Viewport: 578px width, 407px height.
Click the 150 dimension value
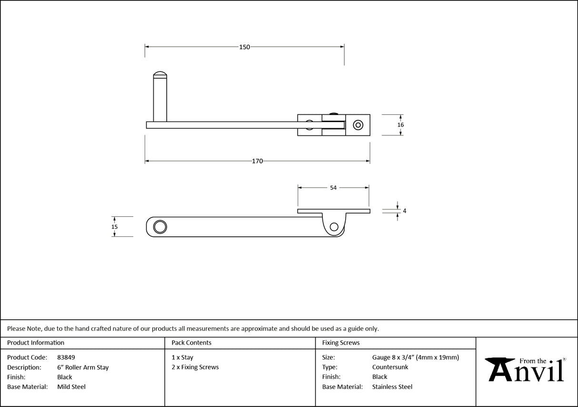coord(244,47)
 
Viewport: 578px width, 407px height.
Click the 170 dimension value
coord(257,161)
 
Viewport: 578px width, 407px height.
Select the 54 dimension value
coord(333,188)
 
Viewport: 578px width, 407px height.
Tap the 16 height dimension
coord(400,125)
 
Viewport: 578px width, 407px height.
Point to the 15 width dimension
coord(114,227)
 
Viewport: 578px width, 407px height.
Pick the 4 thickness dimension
coord(404,211)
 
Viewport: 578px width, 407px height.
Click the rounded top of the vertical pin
coord(160,74)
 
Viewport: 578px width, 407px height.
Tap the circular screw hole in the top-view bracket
coord(357,125)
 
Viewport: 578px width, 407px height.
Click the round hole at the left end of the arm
coord(159,227)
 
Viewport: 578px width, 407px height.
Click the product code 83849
coord(66,357)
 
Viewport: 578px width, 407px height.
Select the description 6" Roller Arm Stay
coord(83,367)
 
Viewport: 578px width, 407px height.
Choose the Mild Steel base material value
coord(71,387)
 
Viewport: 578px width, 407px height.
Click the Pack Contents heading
coord(191,342)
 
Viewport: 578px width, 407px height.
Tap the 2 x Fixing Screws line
coord(195,367)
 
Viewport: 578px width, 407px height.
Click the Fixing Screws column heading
coord(341,342)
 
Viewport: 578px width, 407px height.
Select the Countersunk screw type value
coord(390,367)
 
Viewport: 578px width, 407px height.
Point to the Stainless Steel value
coord(392,387)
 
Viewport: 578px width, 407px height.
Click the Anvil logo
coord(526,369)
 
